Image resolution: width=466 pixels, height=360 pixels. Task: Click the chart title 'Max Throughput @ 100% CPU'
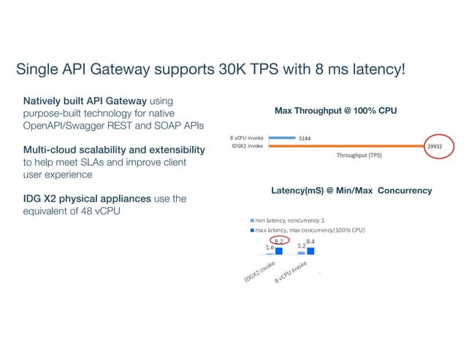335,110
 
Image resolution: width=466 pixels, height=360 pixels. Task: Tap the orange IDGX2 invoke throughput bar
344,146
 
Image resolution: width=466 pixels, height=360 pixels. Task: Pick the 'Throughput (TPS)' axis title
359,156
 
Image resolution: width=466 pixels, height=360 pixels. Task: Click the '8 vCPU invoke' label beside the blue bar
246,137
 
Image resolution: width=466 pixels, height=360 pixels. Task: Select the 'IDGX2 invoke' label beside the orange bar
246,146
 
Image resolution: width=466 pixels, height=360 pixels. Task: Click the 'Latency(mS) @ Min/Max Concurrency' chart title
351,191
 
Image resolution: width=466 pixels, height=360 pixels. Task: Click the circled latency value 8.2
278,241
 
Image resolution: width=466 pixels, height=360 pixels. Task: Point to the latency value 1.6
270,248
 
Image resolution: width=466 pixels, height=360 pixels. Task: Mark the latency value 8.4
310,241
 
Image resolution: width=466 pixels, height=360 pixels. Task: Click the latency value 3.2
301,247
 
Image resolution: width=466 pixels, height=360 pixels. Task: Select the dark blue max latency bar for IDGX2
278,250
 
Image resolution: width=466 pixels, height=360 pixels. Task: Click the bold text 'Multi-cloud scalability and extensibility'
113,150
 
